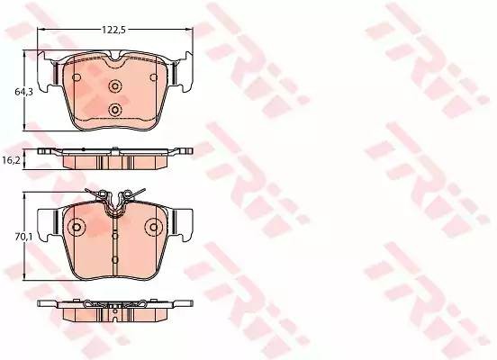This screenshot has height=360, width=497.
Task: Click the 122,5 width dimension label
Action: click(x=113, y=30)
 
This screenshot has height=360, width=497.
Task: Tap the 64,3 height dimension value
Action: click(x=23, y=92)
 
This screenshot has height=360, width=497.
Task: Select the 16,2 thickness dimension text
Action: click(x=11, y=161)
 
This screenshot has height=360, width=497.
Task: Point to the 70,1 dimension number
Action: click(x=23, y=237)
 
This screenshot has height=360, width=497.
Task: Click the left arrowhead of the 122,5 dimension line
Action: click(x=41, y=30)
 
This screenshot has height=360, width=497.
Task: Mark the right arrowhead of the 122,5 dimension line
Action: click(x=190, y=30)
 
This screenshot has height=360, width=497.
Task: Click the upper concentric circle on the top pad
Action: click(x=115, y=85)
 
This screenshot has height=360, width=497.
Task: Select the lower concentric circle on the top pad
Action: click(x=115, y=111)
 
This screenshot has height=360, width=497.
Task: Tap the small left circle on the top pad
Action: click(x=77, y=77)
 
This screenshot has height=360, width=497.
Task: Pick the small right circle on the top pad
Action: click(x=154, y=77)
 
